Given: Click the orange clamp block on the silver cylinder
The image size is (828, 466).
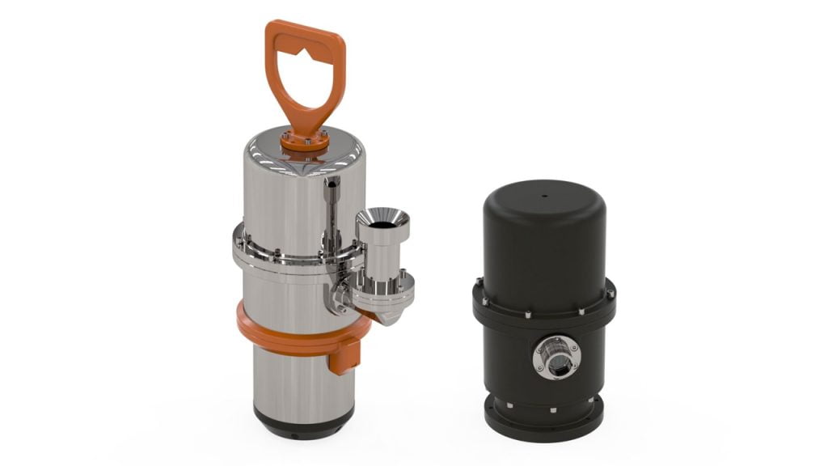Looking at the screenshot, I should (x=344, y=356).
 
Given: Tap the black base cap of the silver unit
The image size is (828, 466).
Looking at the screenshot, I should (x=302, y=420).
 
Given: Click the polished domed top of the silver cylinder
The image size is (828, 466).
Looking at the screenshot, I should (x=267, y=158).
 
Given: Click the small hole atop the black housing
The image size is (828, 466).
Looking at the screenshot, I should (x=543, y=195).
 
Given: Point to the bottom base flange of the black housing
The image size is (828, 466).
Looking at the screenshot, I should (x=543, y=417).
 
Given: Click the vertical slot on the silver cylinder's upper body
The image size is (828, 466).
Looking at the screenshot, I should (x=332, y=202).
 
